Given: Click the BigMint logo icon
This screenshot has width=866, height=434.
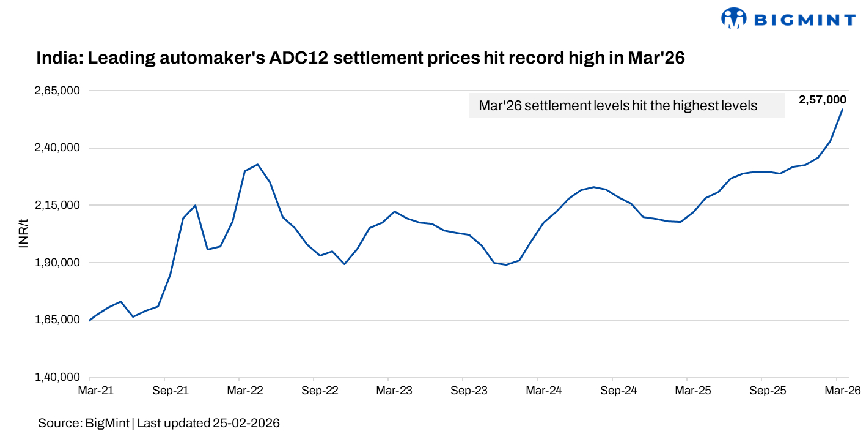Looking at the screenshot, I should coord(734,18).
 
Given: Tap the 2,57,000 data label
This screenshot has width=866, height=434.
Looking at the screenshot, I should coord(822,100).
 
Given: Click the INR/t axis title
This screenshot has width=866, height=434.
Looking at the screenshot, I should coord(24,234).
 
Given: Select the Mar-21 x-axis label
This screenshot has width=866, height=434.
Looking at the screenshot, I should coord(90,390).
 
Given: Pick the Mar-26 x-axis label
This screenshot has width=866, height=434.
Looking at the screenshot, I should coord(840,390).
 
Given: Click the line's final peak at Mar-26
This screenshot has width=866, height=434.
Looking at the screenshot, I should coord(843,110).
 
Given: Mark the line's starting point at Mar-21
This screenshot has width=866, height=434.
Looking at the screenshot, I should coord(90,320).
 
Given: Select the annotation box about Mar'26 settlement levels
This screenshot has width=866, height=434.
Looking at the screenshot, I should coord(626,106).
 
